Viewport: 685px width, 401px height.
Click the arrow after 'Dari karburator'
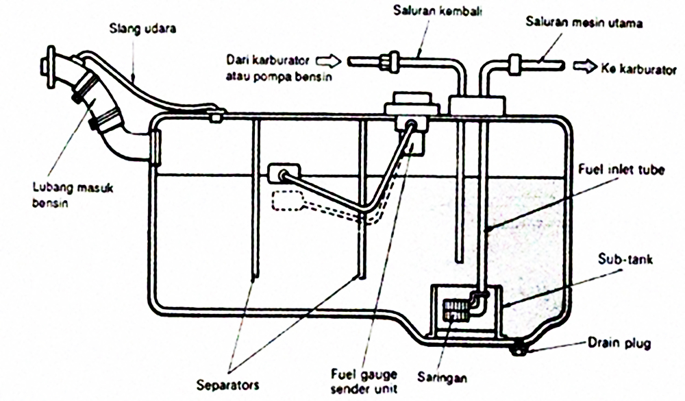click(333, 59)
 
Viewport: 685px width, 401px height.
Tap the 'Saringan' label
click(443, 376)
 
